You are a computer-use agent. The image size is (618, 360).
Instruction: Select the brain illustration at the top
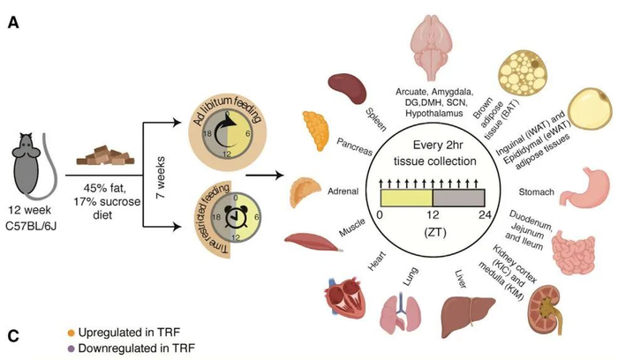point(440,43)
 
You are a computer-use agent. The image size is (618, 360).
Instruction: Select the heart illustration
point(339,302)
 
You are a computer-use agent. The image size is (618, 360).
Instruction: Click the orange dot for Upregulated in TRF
point(71,333)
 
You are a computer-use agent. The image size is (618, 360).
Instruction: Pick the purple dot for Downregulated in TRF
point(71,349)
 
